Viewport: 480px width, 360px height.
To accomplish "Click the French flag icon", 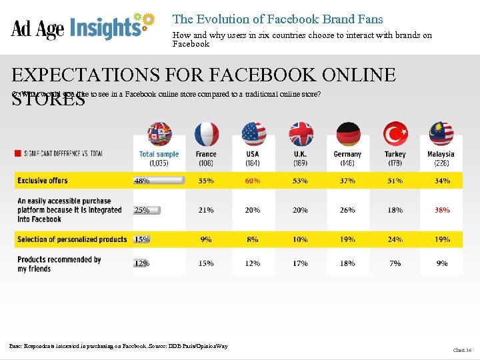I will tap(206, 134).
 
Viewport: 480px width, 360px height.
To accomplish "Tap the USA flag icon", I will tap(253, 134).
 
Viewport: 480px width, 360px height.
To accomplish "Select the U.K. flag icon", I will tap(301, 134).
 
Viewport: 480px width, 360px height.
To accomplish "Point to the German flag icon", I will tap(347, 134).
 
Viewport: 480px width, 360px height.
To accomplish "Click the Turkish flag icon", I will tap(395, 134).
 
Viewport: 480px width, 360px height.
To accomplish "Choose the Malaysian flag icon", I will tap(441, 134).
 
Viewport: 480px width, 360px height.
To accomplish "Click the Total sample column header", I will tap(159, 158).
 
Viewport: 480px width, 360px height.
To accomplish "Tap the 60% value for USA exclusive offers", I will tap(253, 181).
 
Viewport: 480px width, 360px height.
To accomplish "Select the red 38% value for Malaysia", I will tap(442, 210).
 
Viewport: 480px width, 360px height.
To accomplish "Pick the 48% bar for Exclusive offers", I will tap(159, 181).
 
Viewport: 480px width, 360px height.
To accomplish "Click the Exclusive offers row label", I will tap(43, 181).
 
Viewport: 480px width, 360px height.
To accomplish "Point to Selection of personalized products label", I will tap(72, 239).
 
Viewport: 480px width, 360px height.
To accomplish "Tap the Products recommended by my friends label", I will tap(59, 264).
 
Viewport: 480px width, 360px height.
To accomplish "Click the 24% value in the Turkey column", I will tap(395, 239).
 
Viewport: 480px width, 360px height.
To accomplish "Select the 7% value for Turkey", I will tap(395, 263).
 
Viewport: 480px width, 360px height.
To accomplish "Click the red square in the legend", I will tap(18, 154).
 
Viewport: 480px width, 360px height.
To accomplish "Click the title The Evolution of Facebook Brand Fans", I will tap(278, 19).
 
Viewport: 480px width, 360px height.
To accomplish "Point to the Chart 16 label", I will tap(461, 349).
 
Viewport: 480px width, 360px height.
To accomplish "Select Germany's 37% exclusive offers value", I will tap(347, 181).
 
